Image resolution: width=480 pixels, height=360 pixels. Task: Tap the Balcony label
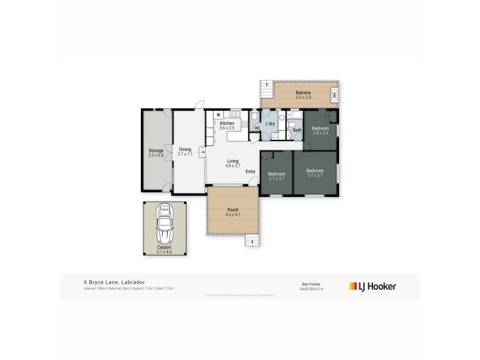click(x=303, y=92)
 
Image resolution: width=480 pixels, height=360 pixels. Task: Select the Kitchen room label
click(x=227, y=123)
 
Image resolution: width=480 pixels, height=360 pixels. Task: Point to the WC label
click(x=257, y=128)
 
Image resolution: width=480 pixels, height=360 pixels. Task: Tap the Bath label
click(x=296, y=130)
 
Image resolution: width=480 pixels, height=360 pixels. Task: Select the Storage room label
click(x=156, y=151)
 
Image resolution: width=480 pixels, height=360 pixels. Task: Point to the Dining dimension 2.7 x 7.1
click(x=185, y=154)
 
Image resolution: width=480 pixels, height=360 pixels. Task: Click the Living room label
click(x=232, y=160)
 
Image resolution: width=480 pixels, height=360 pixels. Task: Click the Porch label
click(x=232, y=210)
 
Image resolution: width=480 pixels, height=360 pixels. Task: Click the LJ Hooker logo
click(x=372, y=286)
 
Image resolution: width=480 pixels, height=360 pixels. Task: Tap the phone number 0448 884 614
click(x=311, y=289)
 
